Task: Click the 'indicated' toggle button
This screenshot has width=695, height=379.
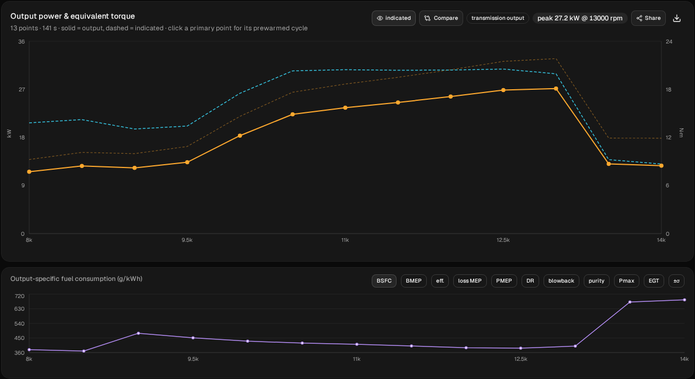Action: (393, 18)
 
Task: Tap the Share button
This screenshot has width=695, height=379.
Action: (648, 18)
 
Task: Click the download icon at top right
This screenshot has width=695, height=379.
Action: (677, 18)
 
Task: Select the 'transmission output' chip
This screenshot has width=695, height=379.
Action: (498, 18)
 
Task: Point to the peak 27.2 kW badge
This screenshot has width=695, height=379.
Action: (580, 18)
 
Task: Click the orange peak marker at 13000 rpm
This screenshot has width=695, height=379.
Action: (556, 89)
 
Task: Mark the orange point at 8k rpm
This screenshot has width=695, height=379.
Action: (29, 172)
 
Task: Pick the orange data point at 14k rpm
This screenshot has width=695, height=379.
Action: (661, 166)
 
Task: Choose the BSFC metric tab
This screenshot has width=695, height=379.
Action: (384, 281)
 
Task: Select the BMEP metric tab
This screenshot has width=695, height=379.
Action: (414, 281)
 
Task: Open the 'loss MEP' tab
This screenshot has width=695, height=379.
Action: (470, 281)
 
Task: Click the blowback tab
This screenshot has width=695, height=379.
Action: (561, 281)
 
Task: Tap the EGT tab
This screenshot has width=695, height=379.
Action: (654, 281)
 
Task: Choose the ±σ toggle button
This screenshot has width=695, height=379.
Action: (676, 281)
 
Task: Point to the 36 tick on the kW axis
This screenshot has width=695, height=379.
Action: (21, 42)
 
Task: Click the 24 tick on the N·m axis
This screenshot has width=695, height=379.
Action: (669, 42)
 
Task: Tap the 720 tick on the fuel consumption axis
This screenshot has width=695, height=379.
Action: (19, 296)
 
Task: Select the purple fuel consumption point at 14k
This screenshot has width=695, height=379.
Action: (685, 300)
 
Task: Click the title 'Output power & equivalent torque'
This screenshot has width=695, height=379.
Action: (73, 16)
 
